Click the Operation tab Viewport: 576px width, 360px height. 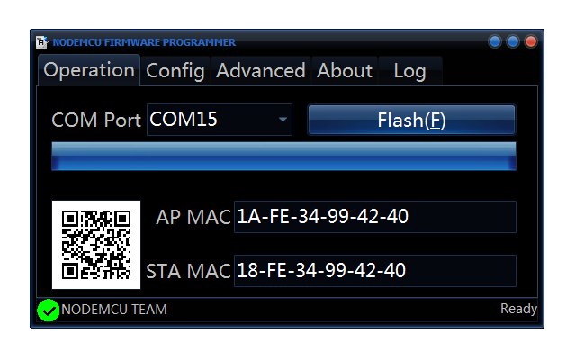[x=88, y=70]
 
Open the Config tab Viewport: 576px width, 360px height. [x=175, y=70]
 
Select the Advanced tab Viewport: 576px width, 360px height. [x=261, y=70]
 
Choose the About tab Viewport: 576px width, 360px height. [x=345, y=70]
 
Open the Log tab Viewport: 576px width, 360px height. [x=409, y=70]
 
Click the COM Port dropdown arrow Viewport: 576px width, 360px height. [x=283, y=119]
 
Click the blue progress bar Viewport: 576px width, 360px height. [x=283, y=156]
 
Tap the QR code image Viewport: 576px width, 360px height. [x=96, y=244]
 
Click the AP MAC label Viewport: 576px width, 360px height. [x=193, y=217]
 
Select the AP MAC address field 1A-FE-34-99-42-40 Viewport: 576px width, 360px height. [x=374, y=217]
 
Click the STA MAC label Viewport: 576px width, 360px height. [x=188, y=270]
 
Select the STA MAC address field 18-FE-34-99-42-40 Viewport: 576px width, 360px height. [x=374, y=270]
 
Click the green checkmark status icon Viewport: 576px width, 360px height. [x=49, y=310]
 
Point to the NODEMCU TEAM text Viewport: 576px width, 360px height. [x=114, y=310]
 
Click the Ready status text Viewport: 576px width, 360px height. [x=518, y=309]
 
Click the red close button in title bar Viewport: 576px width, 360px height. [x=531, y=41]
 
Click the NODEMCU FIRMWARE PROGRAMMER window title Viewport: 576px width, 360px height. [x=144, y=42]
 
